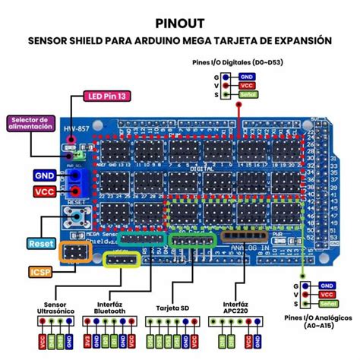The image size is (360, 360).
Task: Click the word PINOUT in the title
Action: tap(179, 22)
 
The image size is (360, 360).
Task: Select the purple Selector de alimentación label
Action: tap(30, 122)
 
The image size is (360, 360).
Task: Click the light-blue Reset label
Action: tap(40, 243)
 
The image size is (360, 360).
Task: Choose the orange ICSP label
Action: tap(39, 271)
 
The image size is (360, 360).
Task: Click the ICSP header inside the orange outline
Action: tap(74, 251)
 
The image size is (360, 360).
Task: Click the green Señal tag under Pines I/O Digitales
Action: tap(246, 94)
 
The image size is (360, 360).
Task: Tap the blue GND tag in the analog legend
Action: tap(327, 284)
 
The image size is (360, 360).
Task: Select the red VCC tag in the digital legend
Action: tap(246, 85)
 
